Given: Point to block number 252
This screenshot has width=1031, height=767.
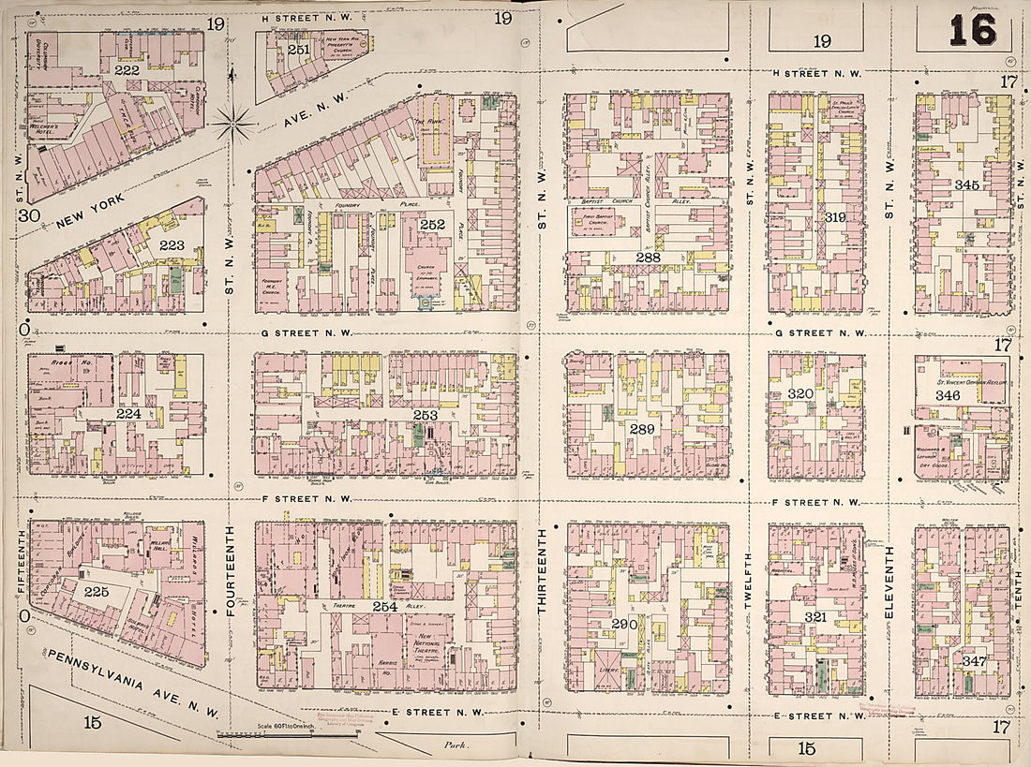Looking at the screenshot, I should tap(432, 225).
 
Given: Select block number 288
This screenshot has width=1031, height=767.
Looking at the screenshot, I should tap(648, 257).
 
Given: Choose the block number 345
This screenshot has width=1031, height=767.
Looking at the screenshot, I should tap(966, 185).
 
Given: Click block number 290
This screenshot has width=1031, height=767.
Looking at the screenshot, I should tap(624, 624).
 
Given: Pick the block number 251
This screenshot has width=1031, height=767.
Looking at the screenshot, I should tap(298, 50).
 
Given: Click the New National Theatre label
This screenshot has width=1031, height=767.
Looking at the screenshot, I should tap(432, 645).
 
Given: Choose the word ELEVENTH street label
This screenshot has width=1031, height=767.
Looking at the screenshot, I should tap(889, 582).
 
